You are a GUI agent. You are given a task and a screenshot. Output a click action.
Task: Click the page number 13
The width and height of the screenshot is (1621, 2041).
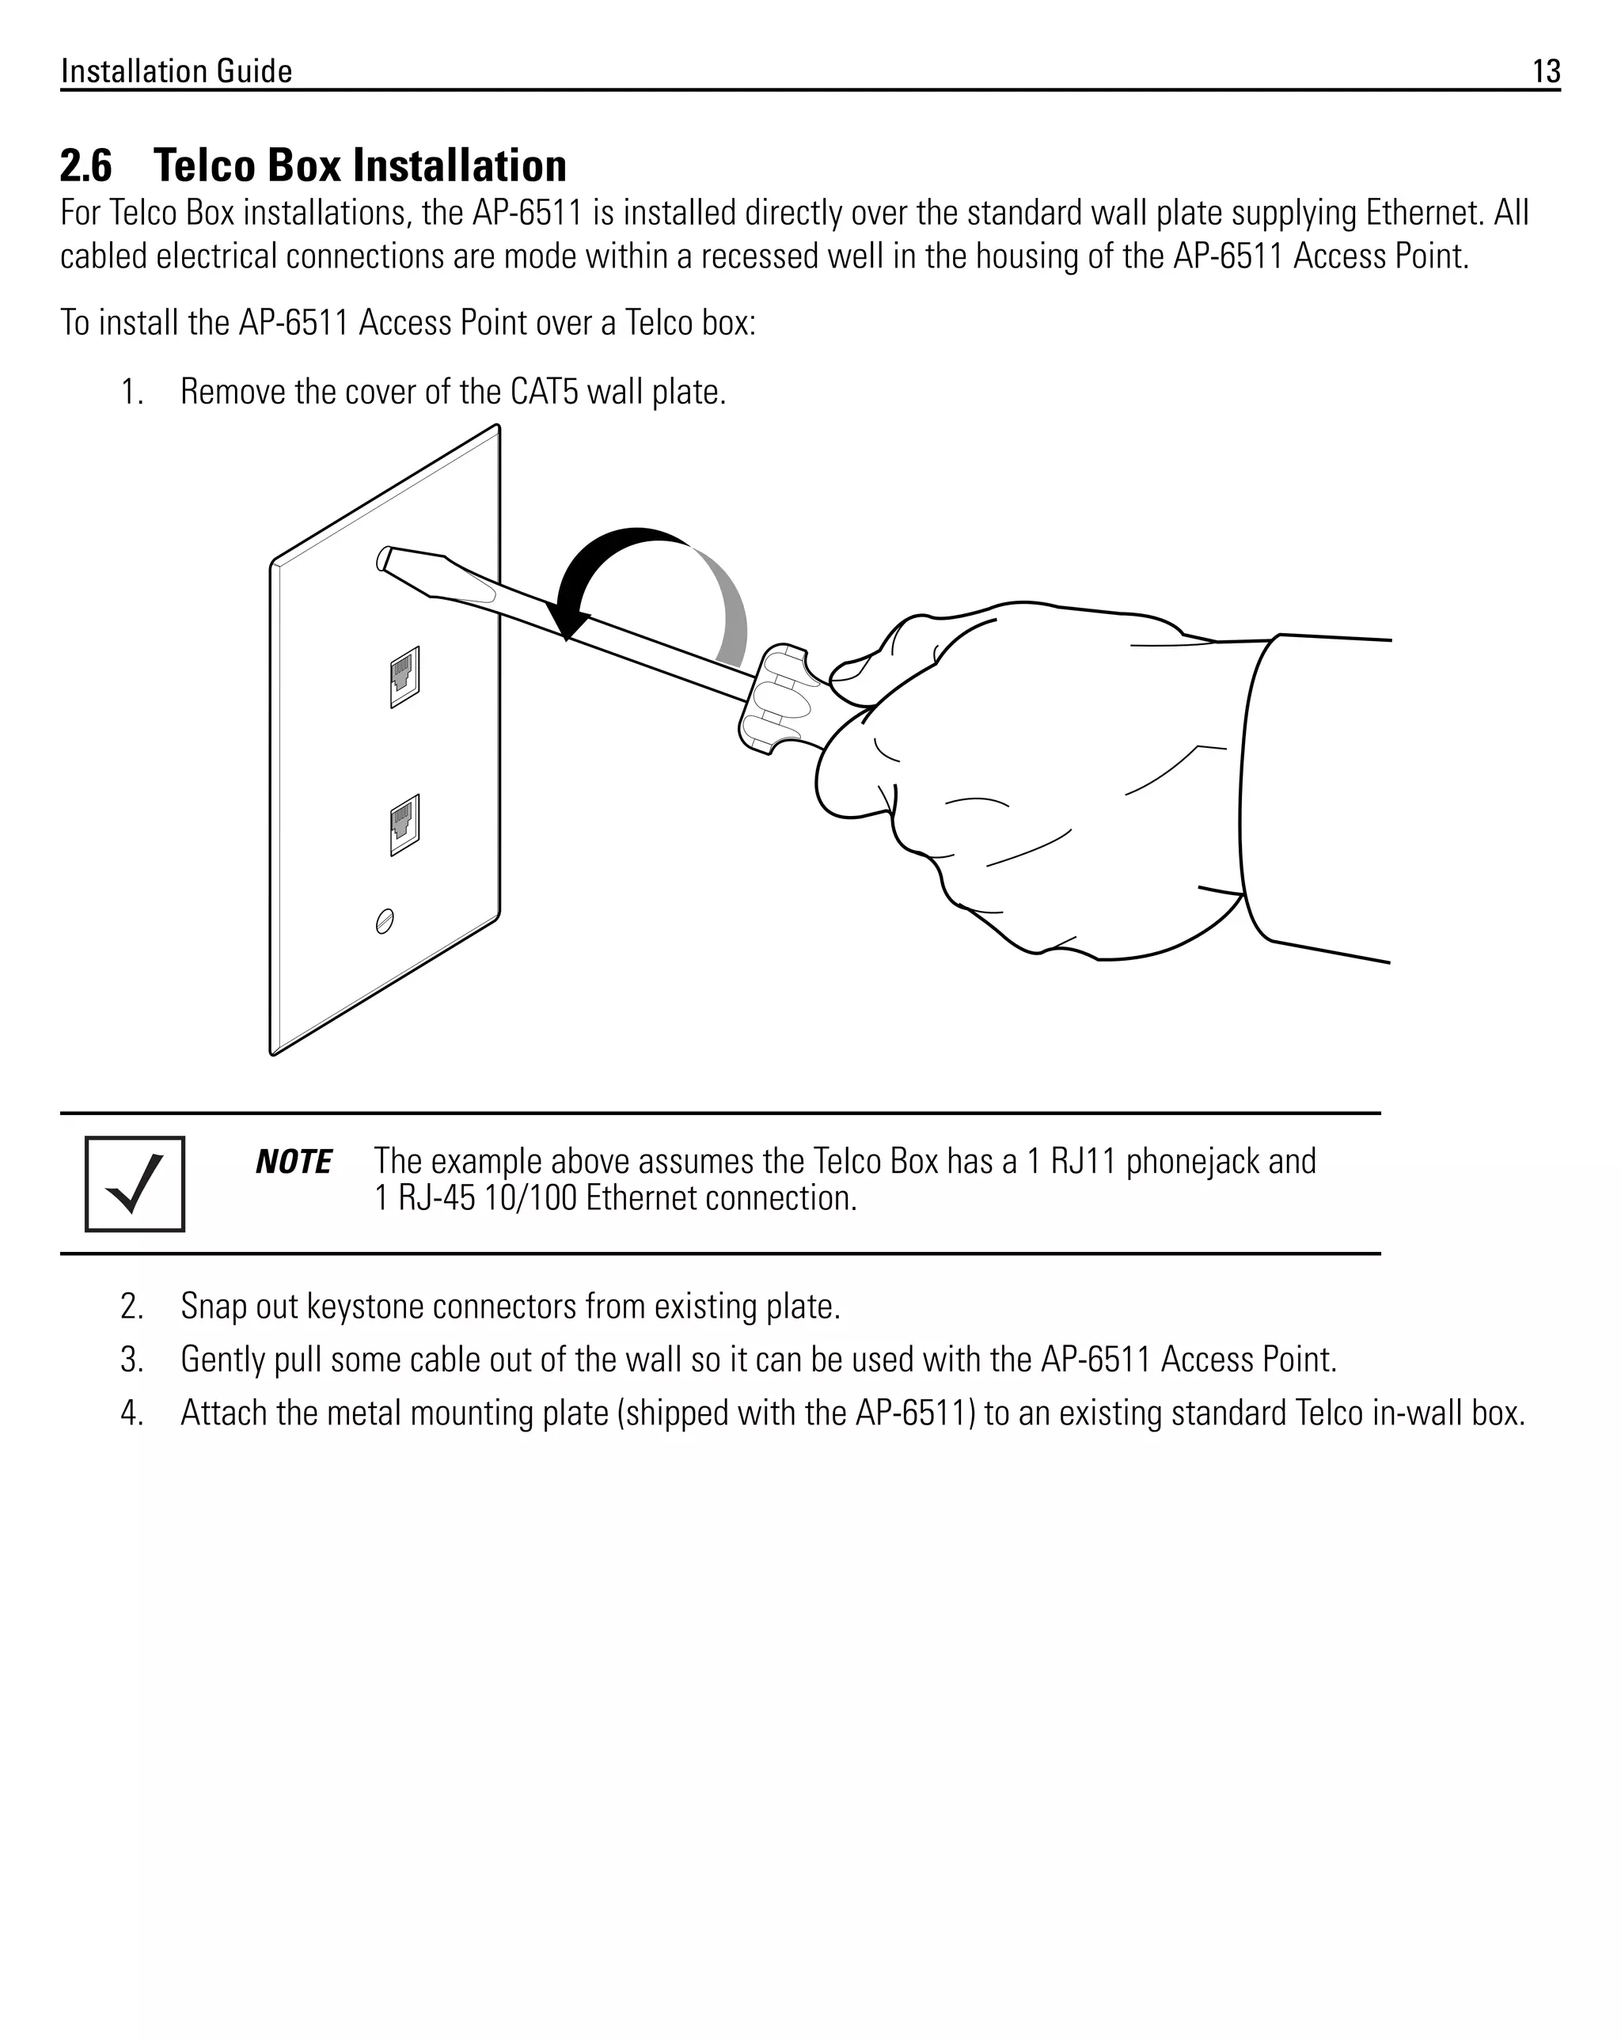(x=1545, y=71)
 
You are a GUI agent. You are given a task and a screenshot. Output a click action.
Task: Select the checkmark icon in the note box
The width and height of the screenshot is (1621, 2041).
(x=135, y=1183)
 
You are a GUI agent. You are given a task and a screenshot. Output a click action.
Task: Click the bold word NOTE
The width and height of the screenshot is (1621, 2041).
(x=294, y=1162)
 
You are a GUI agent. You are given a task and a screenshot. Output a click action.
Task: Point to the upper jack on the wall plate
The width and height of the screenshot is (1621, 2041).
(x=404, y=676)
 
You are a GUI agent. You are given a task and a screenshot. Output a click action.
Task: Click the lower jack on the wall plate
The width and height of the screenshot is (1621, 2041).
(x=404, y=824)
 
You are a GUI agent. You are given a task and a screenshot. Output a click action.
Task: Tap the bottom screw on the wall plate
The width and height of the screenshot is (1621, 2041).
(x=385, y=920)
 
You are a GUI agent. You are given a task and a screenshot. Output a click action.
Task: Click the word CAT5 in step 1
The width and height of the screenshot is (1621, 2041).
(x=545, y=392)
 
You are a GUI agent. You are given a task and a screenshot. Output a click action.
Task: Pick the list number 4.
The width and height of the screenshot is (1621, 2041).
(x=131, y=1413)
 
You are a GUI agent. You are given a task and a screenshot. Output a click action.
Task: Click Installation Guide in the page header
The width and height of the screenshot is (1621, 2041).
(x=177, y=71)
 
